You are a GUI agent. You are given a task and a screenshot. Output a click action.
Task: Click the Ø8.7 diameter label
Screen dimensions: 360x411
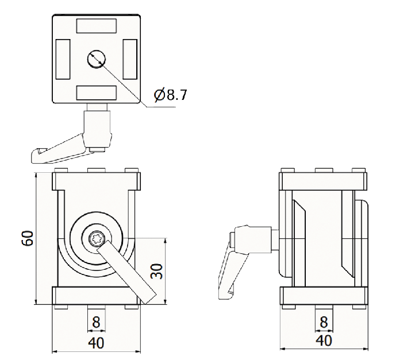pos(171,95)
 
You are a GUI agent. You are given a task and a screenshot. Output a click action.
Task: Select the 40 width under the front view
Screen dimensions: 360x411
pos(96,343)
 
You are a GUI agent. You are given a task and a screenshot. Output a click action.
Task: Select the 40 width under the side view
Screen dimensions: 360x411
pos(324,340)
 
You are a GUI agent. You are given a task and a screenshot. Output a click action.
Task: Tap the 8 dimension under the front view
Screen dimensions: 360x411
pos(96,322)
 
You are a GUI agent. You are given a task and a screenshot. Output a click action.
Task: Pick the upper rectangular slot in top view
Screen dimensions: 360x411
pos(96,26)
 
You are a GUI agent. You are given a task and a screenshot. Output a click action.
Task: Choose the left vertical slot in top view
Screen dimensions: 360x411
pos(63,59)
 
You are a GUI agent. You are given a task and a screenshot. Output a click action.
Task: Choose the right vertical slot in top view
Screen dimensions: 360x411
pos(130,59)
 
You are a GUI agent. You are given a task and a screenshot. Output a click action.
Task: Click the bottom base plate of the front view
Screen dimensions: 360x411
pos(96,296)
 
